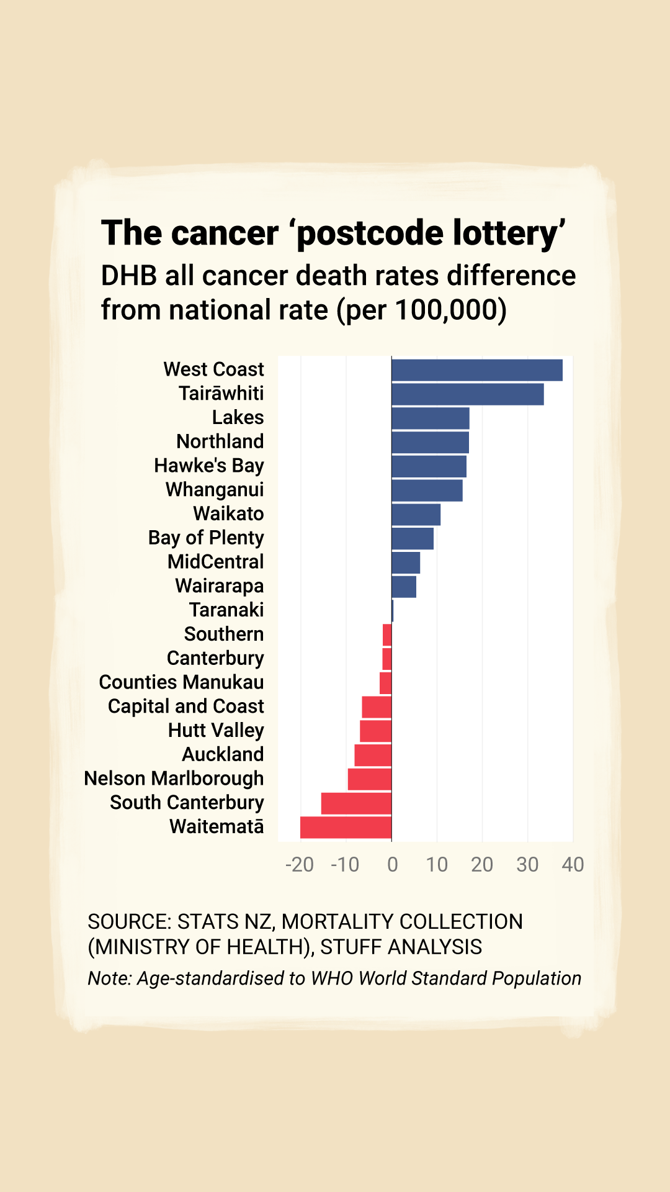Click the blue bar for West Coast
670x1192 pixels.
coord(477,370)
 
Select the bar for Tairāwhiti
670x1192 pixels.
coord(468,394)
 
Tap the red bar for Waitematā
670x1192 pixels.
coord(346,827)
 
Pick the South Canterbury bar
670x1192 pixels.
coord(356,803)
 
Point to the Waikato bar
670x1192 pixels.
coord(416,515)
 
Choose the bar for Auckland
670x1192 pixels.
coord(373,755)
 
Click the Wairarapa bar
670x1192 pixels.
coord(404,587)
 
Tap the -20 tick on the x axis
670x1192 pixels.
coord(300,864)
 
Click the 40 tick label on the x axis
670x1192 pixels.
coord(573,864)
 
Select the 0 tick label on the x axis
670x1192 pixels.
coord(392,864)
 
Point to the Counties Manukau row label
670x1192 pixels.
coord(181,682)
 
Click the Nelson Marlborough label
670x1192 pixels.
coord(174,779)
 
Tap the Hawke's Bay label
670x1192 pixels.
coord(209,466)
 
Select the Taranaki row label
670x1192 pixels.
coord(226,610)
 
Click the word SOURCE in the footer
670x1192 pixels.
coord(128,922)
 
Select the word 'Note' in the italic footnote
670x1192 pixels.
coord(109,978)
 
